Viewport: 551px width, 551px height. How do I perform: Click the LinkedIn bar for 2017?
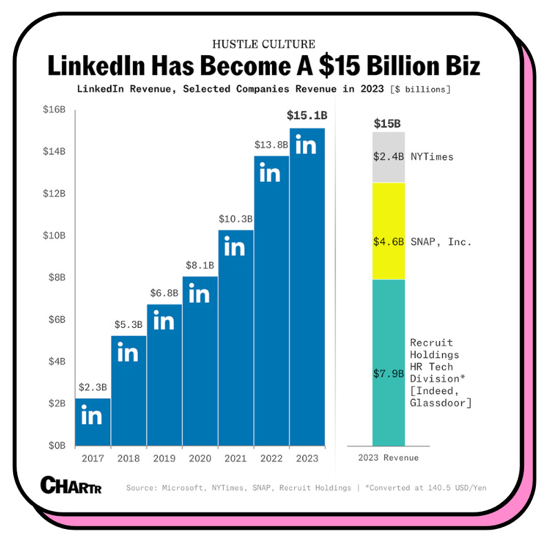93,422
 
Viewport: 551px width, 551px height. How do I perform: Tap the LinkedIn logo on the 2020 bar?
199,295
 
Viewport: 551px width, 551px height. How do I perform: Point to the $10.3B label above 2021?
235,218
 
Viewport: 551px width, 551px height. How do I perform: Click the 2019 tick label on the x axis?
164,458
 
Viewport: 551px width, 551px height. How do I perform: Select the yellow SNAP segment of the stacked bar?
388,231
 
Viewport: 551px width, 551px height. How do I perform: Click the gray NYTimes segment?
388,157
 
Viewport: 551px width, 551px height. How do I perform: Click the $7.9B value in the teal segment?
389,373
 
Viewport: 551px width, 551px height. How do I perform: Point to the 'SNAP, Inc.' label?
441,242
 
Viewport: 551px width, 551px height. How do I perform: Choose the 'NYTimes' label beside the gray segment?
432,157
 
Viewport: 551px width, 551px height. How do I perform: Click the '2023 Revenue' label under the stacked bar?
388,458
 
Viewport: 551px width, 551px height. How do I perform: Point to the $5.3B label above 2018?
128,324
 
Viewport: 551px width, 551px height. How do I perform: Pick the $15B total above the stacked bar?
388,123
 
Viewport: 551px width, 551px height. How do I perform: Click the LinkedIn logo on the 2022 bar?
270,174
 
